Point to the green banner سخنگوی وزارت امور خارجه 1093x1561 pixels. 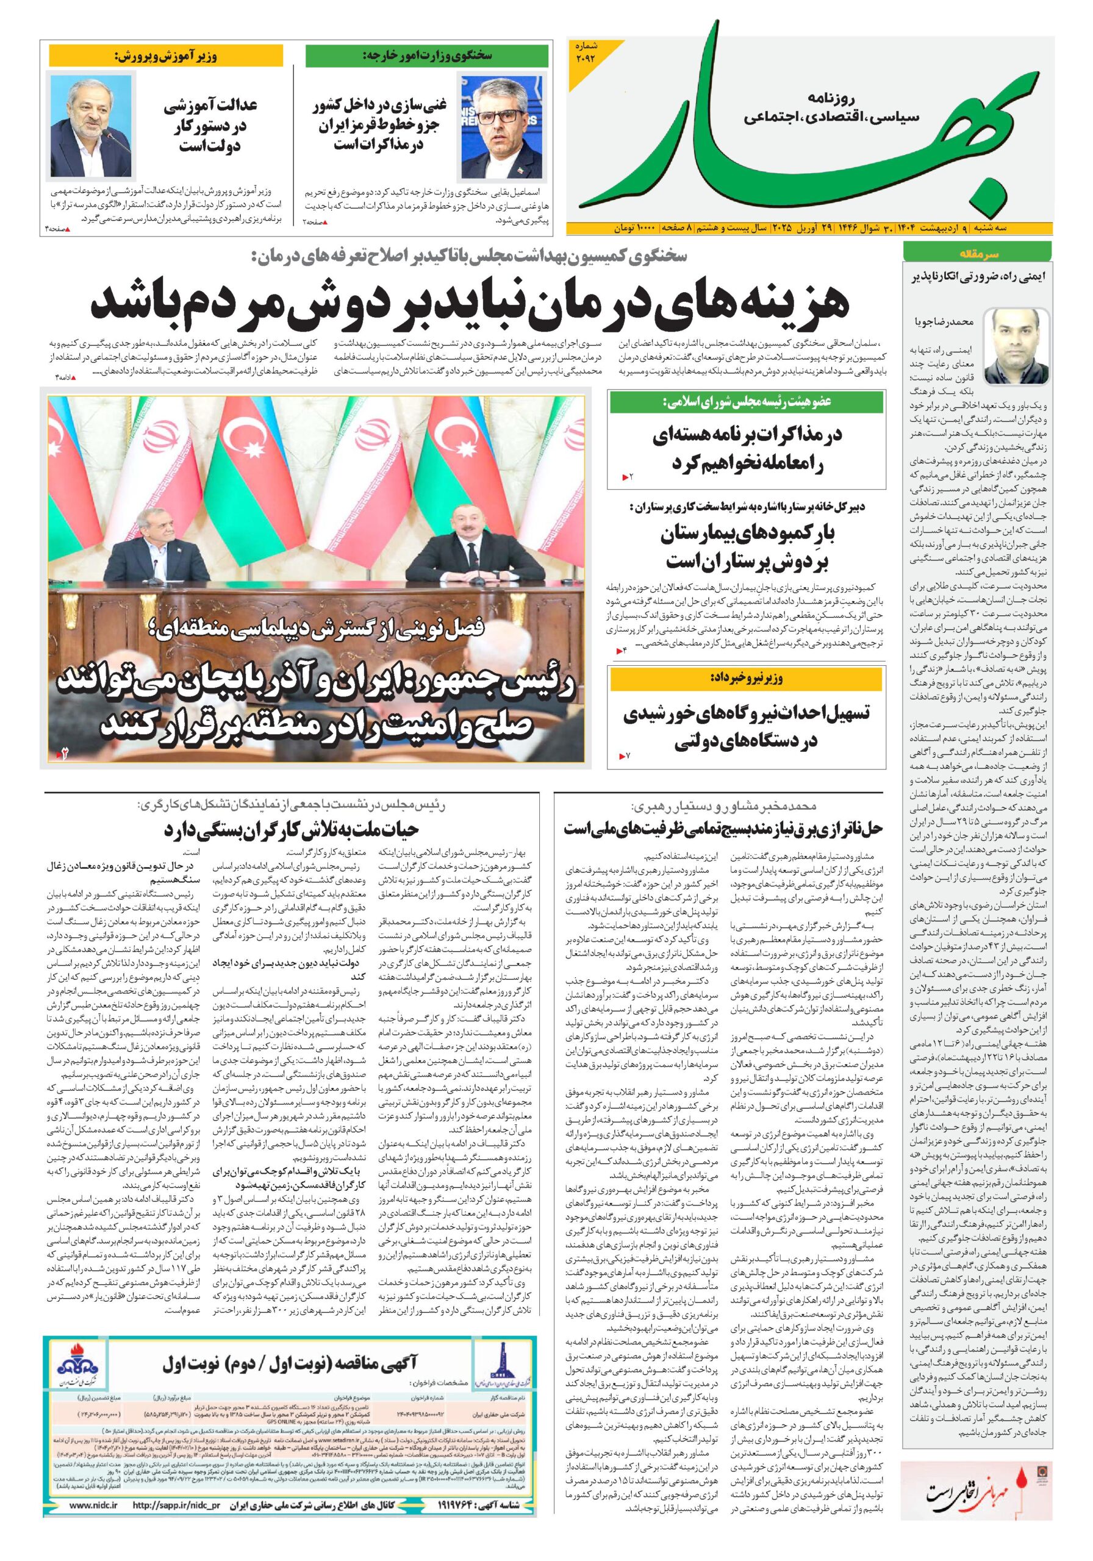pos(427,55)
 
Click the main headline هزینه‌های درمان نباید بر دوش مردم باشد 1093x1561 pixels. pos(469,303)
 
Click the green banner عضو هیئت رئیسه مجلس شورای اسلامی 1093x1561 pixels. pos(747,402)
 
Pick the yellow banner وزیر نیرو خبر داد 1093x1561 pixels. pos(747,679)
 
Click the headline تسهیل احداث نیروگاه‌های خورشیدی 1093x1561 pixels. pos(747,726)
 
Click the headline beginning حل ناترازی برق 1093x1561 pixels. pos(723,828)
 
